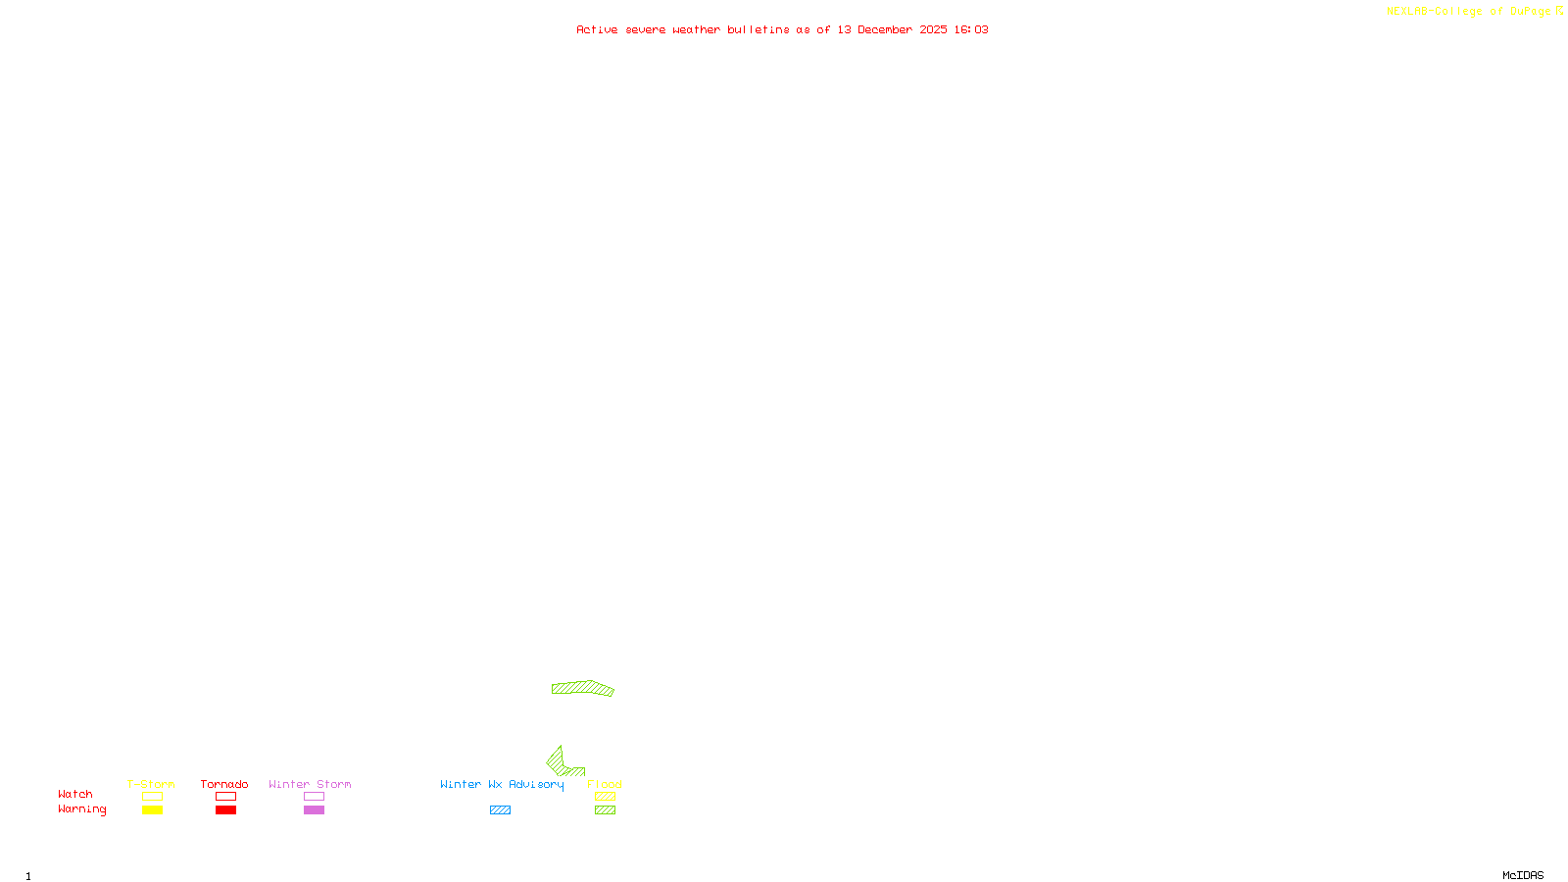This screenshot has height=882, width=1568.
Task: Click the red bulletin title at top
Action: (x=782, y=29)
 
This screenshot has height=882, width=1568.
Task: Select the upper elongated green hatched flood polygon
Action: (x=582, y=688)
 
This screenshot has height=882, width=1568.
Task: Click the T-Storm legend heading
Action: (x=151, y=784)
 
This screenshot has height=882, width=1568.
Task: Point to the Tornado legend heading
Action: (x=224, y=784)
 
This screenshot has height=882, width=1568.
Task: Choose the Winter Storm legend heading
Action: (x=310, y=784)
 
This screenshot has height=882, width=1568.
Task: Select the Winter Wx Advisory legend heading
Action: (x=502, y=784)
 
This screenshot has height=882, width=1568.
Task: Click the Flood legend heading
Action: (x=605, y=784)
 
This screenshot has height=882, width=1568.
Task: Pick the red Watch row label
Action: (x=75, y=794)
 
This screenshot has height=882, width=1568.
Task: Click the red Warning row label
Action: (x=82, y=809)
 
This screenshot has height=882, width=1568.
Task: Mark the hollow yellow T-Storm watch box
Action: (x=152, y=797)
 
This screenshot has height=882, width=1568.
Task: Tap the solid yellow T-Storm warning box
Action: (x=152, y=810)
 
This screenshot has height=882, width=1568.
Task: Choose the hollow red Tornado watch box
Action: (x=225, y=797)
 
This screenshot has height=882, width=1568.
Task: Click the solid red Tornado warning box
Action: (x=225, y=810)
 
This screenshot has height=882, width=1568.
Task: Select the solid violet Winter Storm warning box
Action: (x=314, y=810)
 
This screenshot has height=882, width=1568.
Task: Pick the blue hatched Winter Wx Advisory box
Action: (x=500, y=810)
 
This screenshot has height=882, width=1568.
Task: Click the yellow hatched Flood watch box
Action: (x=605, y=797)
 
